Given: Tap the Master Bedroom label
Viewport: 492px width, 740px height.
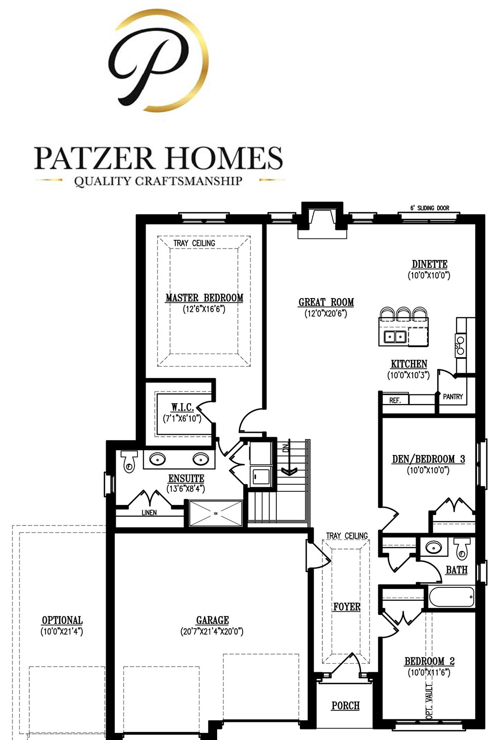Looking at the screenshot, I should click(204, 298).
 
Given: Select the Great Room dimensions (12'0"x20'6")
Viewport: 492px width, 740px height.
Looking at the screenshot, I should click(326, 314).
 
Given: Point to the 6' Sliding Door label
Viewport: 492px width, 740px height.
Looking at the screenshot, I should click(430, 208).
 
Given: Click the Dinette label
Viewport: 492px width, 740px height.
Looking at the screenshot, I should click(430, 264).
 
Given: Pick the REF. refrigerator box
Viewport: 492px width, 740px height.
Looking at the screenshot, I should click(395, 400).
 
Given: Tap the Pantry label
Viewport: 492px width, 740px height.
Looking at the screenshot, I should click(453, 396).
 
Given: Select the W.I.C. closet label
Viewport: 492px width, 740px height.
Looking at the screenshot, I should click(183, 407).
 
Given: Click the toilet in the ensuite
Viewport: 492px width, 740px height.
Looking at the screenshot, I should click(129, 462).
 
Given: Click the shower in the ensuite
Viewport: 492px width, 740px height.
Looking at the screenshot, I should click(216, 513).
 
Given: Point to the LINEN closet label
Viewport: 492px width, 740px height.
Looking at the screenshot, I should click(149, 513).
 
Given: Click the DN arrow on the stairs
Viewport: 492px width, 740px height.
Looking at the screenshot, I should click(288, 463).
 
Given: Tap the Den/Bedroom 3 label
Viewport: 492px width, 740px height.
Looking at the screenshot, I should click(428, 459).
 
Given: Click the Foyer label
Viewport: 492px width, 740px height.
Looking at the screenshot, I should click(346, 607).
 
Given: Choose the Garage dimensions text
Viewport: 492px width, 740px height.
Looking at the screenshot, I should click(212, 632).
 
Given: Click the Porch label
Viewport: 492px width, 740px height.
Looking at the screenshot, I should click(345, 706).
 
